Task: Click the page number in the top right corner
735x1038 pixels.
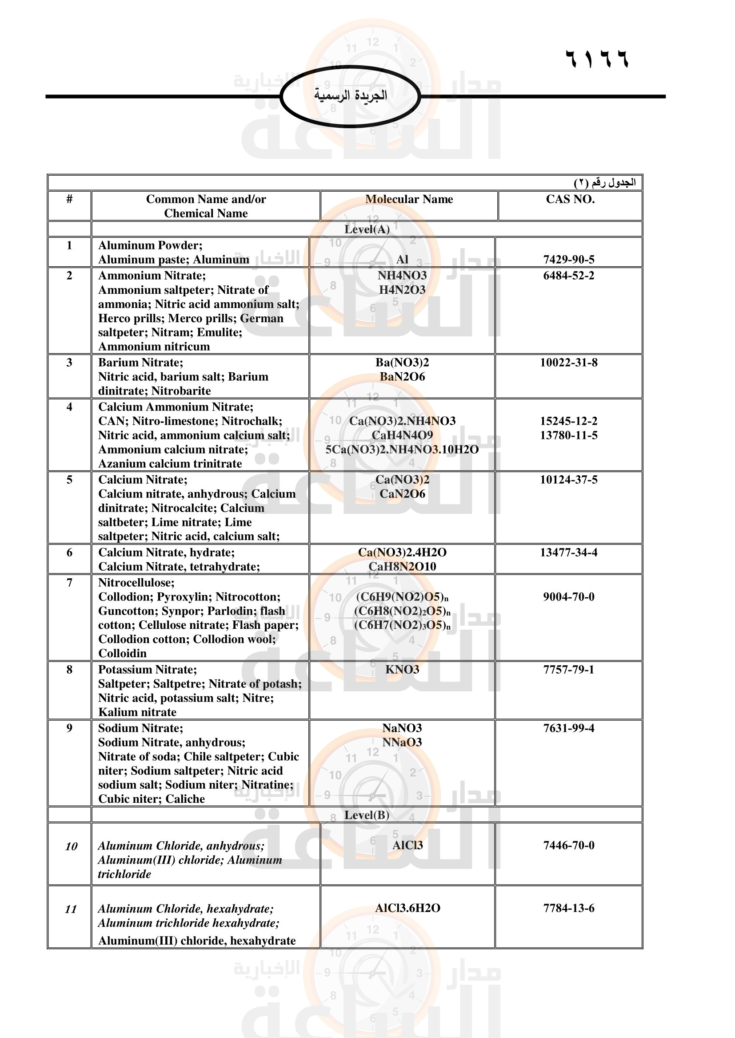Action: [597, 59]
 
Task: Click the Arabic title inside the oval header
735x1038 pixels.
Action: [351, 95]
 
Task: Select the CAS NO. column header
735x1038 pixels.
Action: [570, 199]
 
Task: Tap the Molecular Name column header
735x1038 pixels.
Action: [409, 199]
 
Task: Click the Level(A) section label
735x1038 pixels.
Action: [367, 229]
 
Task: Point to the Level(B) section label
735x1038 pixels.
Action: [367, 815]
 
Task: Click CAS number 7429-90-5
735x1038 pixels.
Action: [568, 260]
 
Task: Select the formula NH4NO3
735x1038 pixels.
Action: [402, 275]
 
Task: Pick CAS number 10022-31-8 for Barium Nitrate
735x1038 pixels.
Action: [568, 363]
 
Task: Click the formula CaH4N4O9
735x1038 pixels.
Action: [402, 435]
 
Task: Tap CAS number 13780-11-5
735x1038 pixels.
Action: [568, 435]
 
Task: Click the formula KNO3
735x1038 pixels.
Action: [402, 670]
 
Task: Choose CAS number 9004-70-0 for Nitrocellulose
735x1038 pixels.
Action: [568, 597]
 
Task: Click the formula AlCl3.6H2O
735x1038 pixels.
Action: [407, 908]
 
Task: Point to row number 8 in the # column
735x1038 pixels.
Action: [69, 670]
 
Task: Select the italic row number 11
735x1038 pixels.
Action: [71, 909]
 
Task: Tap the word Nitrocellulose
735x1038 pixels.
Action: [136, 583]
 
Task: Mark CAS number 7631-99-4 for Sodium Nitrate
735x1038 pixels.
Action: [568, 728]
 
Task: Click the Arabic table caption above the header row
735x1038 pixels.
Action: [605, 183]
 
